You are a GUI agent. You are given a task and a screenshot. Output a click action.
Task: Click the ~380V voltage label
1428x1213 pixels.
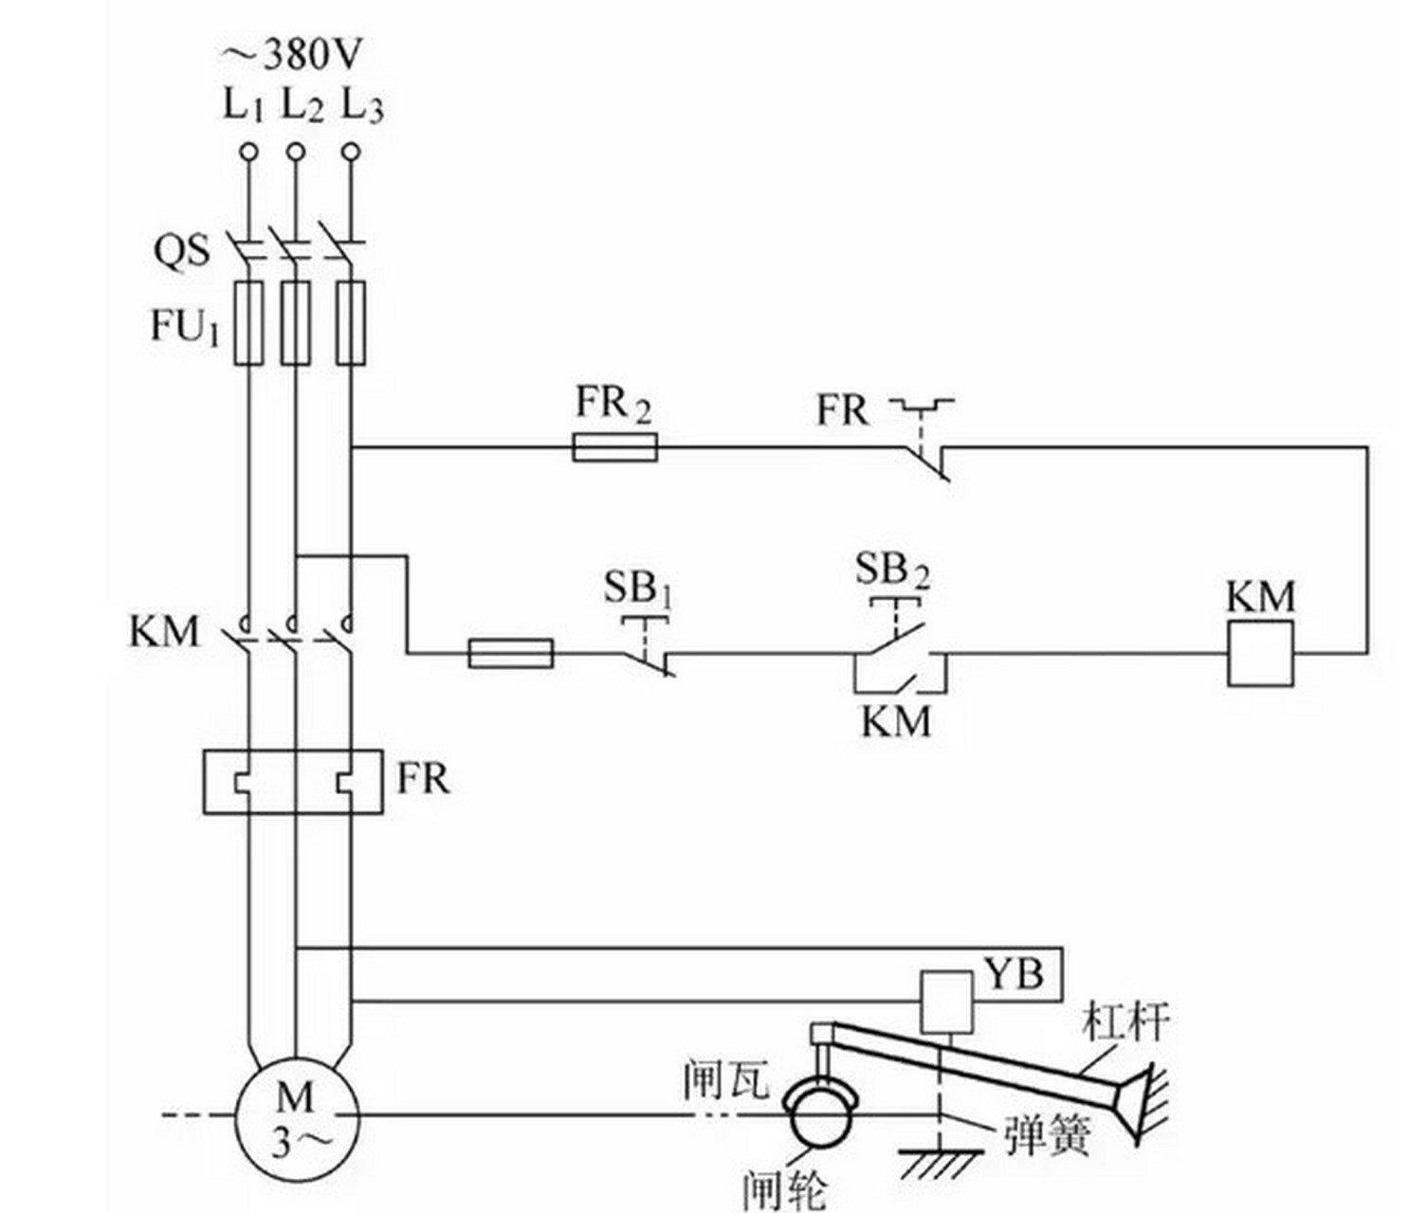coord(290,55)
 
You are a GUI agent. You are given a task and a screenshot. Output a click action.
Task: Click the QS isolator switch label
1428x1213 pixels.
coord(181,250)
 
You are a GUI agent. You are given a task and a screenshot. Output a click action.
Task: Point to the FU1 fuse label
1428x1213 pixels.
coord(185,326)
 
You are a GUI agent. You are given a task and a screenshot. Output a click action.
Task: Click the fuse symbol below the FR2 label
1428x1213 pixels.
coord(614,447)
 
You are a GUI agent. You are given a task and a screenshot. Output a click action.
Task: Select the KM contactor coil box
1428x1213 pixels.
coord(1261,653)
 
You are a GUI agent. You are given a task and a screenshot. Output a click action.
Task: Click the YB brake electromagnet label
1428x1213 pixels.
coord(1014,974)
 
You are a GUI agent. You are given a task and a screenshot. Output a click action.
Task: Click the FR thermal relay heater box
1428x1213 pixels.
coord(293,781)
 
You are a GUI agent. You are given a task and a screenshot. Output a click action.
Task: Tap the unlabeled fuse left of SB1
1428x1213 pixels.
coord(511,653)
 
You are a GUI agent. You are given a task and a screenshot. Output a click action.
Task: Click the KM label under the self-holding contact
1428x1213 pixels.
coord(896,720)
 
